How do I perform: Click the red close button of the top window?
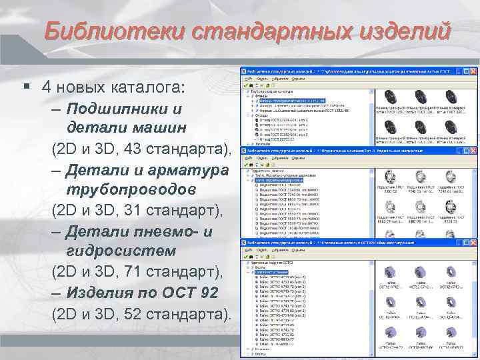click(475, 70)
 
